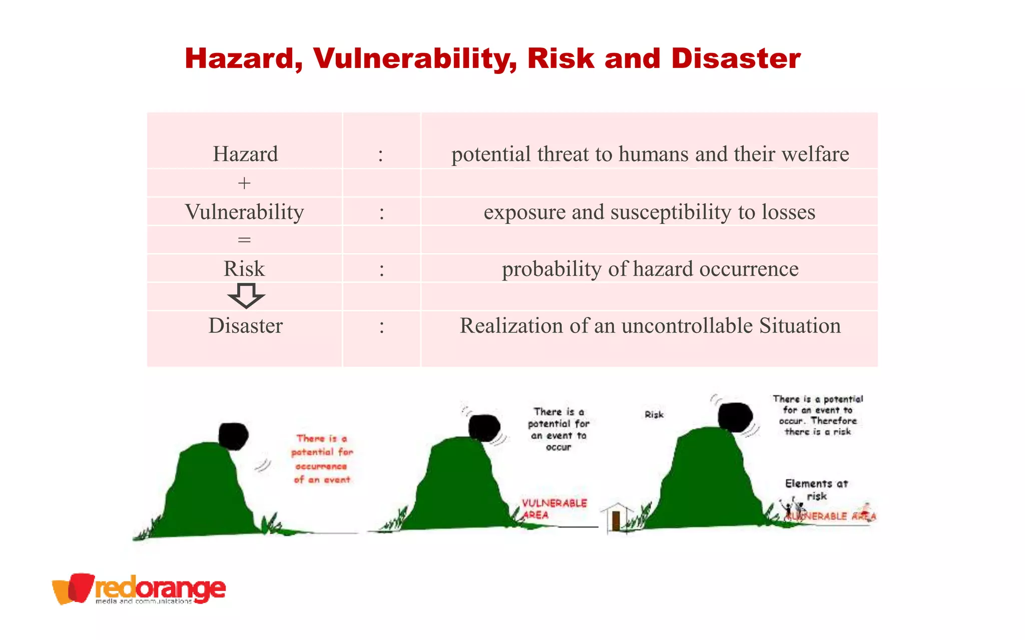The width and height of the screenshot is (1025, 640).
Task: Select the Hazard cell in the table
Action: point(245,154)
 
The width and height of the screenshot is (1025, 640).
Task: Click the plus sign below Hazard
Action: point(244,183)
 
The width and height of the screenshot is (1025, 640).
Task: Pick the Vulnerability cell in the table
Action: point(244,212)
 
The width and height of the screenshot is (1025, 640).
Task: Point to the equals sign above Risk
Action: point(244,240)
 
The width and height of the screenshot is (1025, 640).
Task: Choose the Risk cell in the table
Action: point(244,269)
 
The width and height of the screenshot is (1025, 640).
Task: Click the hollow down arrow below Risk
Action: point(246,295)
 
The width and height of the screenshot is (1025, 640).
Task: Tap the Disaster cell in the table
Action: point(245,326)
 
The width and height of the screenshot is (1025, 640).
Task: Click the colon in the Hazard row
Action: point(381,155)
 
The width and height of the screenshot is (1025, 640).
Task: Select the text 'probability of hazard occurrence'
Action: point(650,269)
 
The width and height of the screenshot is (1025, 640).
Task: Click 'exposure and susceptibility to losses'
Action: point(649,212)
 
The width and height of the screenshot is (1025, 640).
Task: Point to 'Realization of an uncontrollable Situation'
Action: point(650,326)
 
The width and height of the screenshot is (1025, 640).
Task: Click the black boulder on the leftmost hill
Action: point(233,435)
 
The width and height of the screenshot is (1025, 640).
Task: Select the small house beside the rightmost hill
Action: point(616,517)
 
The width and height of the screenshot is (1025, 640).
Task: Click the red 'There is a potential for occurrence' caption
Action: point(322,459)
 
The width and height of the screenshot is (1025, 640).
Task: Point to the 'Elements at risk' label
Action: point(816,489)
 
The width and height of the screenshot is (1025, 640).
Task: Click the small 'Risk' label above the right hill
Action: point(654,414)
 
